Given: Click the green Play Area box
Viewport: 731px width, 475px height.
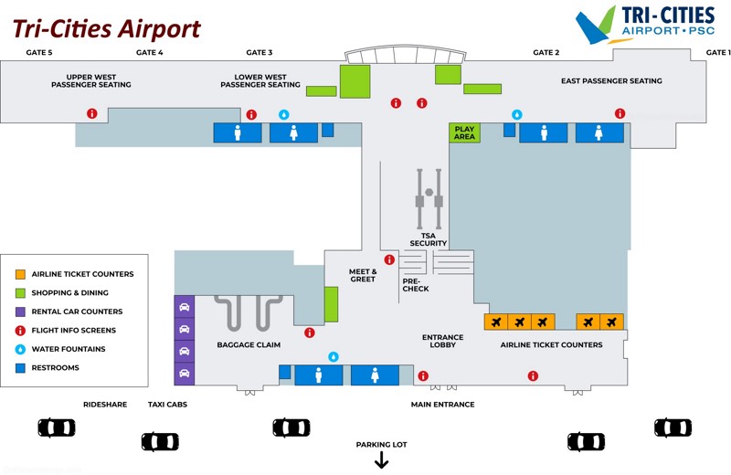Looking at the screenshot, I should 465,132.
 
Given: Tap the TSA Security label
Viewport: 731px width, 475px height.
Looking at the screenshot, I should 428,239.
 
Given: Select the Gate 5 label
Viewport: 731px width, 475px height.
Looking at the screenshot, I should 39,52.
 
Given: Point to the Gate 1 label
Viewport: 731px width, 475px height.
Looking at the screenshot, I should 718,52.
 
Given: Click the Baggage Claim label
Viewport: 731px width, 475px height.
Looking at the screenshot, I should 249,344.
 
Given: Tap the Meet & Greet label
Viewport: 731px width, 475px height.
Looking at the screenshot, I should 363,275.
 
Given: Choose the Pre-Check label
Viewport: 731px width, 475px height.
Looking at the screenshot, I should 416,285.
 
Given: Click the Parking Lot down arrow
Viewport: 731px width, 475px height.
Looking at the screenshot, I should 382,461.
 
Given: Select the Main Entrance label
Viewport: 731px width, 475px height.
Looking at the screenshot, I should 442,404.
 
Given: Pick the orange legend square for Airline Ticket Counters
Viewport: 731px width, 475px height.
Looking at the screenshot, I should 20,274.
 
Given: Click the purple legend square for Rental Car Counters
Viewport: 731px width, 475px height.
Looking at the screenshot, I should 20,311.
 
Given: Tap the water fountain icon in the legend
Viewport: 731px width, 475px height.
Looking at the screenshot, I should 20,349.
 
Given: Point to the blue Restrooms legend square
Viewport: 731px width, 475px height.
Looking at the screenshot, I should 20,368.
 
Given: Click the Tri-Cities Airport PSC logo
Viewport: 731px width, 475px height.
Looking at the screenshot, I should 645,25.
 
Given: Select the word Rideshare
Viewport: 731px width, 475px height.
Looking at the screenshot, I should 105,404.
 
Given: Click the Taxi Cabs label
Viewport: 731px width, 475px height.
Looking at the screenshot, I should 167,404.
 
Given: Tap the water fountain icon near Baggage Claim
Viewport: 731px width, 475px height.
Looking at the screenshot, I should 334,356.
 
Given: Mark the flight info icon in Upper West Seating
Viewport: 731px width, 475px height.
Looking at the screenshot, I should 91,113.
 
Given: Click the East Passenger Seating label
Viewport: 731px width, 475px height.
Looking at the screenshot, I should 611,81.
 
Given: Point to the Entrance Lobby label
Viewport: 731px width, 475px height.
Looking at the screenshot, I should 443,341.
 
